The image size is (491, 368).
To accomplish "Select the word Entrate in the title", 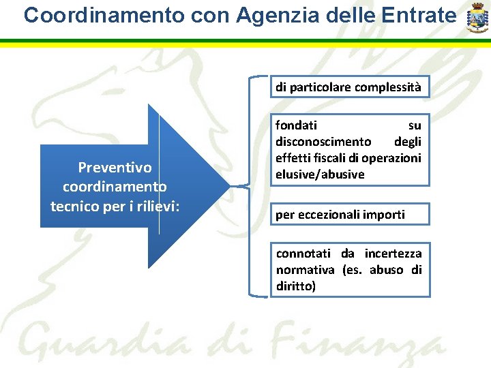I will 417,15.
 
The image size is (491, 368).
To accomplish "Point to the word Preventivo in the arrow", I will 115,168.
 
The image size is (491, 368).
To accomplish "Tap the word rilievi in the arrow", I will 156,205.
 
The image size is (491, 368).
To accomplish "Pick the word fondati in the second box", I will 296,125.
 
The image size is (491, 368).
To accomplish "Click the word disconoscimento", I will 323,142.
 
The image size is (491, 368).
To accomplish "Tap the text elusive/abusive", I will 320,174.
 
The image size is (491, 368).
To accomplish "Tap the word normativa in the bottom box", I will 305,270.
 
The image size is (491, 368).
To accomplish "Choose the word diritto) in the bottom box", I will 296,286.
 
